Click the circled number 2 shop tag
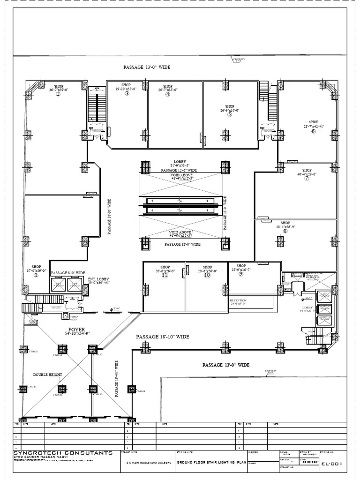(59, 94)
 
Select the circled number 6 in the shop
(314, 131)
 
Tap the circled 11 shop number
(165, 276)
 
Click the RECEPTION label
(238, 300)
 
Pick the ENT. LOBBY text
(98, 279)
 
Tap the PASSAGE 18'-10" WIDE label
(163, 337)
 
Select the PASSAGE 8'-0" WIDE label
(68, 273)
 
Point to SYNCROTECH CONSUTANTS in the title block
(63, 453)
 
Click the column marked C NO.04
(132, 390)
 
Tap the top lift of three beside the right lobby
(324, 296)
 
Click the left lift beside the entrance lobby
(58, 285)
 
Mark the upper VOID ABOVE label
(181, 175)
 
